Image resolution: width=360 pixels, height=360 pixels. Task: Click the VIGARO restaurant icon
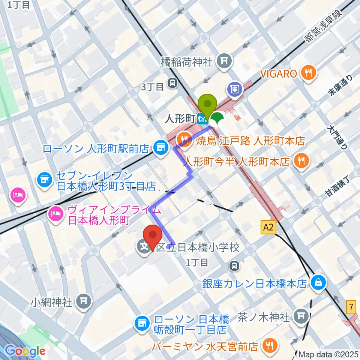(x=309, y=73)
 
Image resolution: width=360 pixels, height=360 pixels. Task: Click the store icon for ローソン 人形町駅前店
(x=161, y=147)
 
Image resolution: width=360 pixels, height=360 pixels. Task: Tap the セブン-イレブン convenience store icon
(x=44, y=180)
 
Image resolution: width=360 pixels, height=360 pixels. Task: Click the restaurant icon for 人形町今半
(x=301, y=161)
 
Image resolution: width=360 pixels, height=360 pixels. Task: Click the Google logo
(x=25, y=351)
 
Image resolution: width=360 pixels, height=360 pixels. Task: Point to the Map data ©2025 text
(x=328, y=354)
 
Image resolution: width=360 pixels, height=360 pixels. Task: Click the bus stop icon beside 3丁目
(x=173, y=82)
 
